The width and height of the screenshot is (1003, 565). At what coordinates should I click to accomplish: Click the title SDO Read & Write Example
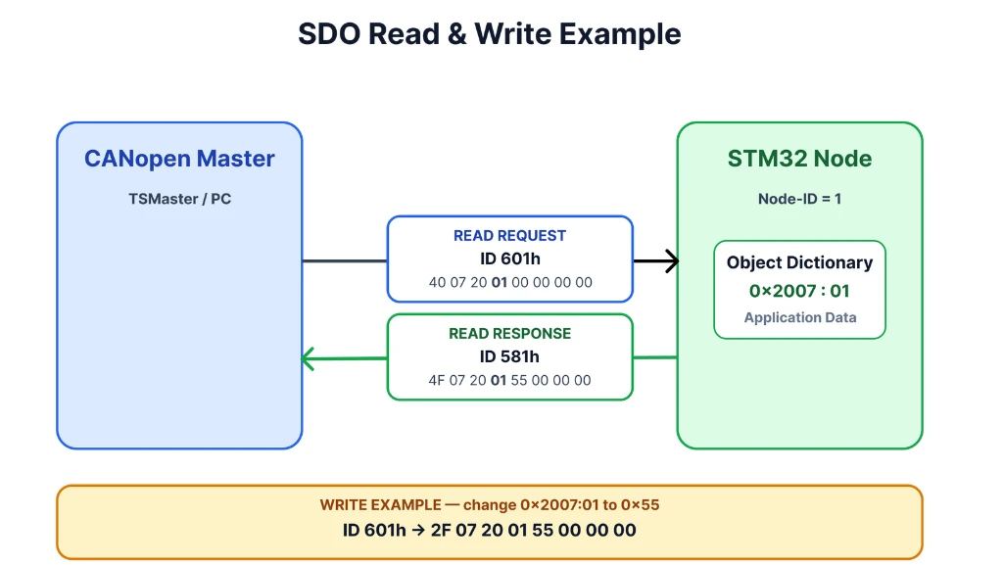click(490, 34)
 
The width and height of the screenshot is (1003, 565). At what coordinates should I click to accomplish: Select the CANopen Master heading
click(180, 159)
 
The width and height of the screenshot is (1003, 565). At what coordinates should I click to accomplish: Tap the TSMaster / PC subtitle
click(180, 199)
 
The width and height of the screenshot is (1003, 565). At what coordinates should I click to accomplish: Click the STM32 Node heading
click(799, 159)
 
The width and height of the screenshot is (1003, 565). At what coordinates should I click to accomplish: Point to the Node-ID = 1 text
click(799, 199)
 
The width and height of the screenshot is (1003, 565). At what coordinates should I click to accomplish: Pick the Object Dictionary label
click(799, 262)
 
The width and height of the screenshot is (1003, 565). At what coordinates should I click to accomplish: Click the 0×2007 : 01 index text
click(799, 291)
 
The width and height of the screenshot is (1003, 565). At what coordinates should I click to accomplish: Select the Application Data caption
click(799, 317)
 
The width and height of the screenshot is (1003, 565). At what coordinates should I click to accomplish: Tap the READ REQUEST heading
click(509, 236)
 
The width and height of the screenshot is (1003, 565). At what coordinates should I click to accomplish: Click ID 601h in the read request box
click(509, 259)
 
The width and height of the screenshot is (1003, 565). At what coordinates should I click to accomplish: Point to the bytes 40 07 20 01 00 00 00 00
click(510, 282)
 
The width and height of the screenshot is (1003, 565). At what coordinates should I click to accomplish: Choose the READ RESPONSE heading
click(509, 334)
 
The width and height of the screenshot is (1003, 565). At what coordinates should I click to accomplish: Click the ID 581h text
click(509, 356)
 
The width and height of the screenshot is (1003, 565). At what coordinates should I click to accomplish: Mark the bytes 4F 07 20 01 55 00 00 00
click(509, 380)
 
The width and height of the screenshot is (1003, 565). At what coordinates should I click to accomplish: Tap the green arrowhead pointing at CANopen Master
click(308, 358)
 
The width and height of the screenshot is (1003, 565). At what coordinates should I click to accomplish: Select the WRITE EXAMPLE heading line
click(490, 505)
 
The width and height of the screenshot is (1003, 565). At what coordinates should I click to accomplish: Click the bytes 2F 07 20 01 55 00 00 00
click(534, 531)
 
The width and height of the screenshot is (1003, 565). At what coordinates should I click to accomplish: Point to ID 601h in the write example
click(374, 531)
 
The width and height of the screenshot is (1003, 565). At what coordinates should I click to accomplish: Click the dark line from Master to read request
click(345, 260)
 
